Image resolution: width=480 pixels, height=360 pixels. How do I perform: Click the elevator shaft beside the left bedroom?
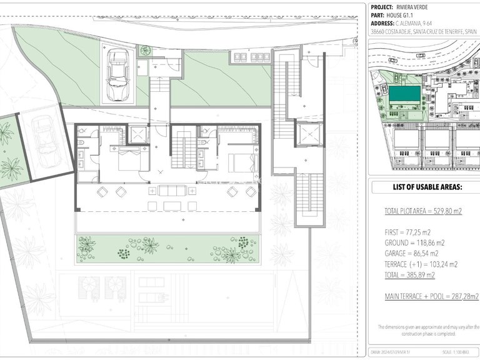pos(137,134)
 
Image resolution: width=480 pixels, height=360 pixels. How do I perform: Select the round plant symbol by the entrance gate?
pos(145,51)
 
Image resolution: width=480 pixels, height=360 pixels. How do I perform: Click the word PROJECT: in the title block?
pos(384,7)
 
